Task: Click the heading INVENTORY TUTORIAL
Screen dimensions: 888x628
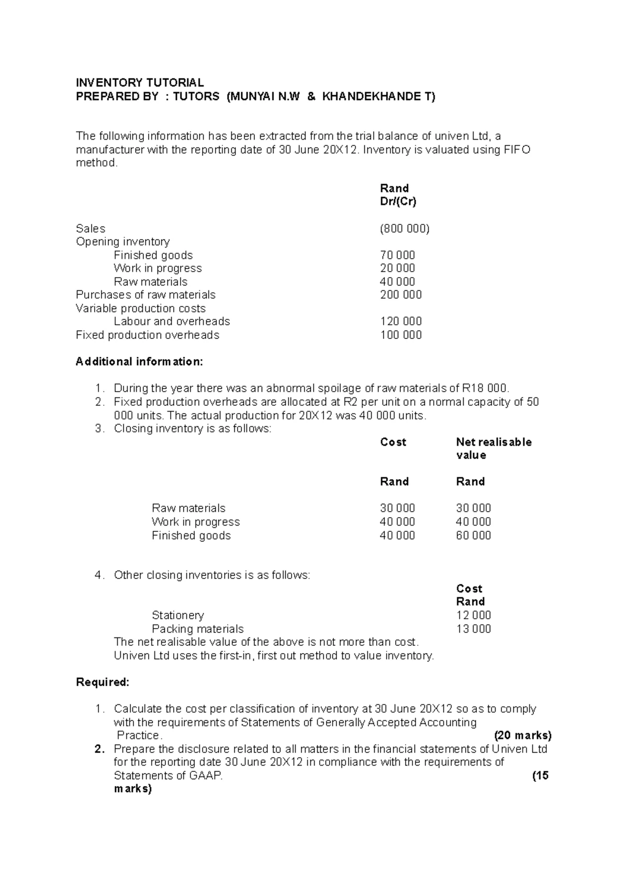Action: pyautogui.click(x=140, y=83)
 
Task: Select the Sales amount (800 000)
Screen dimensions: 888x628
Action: pyautogui.click(x=405, y=229)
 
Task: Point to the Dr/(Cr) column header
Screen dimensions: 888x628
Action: pyautogui.click(x=398, y=202)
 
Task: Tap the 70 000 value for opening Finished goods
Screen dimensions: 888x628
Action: pyautogui.click(x=397, y=255)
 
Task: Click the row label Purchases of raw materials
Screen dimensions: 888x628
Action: pyautogui.click(x=145, y=295)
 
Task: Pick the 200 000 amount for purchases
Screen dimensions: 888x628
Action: pyautogui.click(x=400, y=295)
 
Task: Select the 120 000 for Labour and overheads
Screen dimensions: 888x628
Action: pyautogui.click(x=400, y=322)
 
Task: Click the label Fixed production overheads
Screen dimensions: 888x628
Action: pyautogui.click(x=148, y=335)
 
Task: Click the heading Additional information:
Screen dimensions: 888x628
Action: pyautogui.click(x=139, y=362)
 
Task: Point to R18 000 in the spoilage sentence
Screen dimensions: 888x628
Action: pyautogui.click(x=485, y=389)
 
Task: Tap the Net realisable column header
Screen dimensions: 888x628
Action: pyautogui.click(x=494, y=442)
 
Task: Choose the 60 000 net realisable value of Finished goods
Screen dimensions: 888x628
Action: pyautogui.click(x=473, y=536)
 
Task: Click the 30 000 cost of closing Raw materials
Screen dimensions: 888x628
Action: pyautogui.click(x=397, y=508)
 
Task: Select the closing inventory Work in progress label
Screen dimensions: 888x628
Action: pyautogui.click(x=195, y=522)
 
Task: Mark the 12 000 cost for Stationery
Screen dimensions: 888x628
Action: pyautogui.click(x=473, y=616)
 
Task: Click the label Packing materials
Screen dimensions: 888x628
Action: pyautogui.click(x=197, y=629)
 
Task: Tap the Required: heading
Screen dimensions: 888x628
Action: pyautogui.click(x=103, y=682)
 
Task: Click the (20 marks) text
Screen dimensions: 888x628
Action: pyautogui.click(x=522, y=736)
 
